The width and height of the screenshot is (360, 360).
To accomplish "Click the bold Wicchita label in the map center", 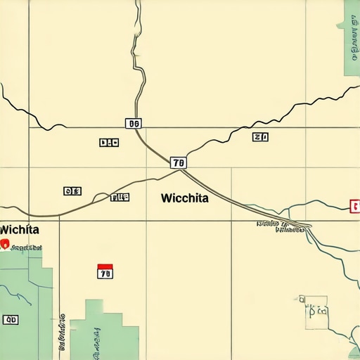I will pyautogui.click(x=184, y=198).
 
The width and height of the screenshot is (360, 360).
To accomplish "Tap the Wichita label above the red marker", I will pyautogui.click(x=19, y=230).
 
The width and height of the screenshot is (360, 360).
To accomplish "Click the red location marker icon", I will pyautogui.click(x=5, y=244).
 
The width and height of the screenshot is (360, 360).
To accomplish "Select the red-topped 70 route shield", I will pyautogui.click(x=104, y=271).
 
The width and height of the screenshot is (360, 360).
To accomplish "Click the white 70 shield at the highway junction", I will pyautogui.click(x=179, y=162).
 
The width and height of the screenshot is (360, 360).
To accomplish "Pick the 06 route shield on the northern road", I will pyautogui.click(x=133, y=123).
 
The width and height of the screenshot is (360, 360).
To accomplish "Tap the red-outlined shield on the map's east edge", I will pyautogui.click(x=354, y=205).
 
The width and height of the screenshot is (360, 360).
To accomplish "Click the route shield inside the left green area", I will pyautogui.click(x=11, y=320).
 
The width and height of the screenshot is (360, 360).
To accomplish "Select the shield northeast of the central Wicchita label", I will pyautogui.click(x=260, y=137).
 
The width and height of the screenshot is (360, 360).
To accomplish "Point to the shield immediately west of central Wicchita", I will pyautogui.click(x=120, y=198).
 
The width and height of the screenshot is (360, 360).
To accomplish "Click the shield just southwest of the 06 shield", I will pyautogui.click(x=108, y=142).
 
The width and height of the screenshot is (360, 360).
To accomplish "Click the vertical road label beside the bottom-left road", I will pyautogui.click(x=63, y=330).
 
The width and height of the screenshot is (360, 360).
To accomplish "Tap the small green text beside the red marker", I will pyautogui.click(x=27, y=247).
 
